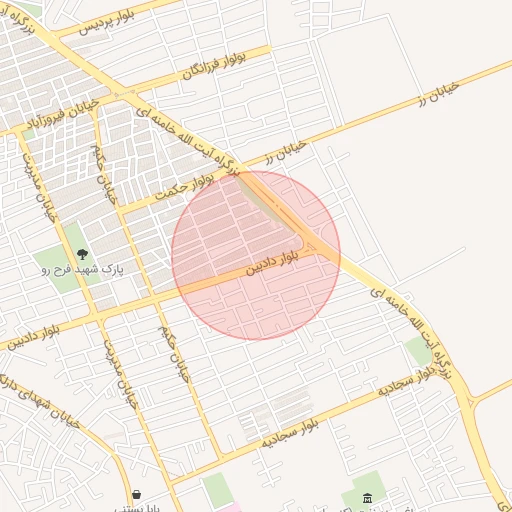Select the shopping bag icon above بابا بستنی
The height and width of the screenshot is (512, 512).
[x=137, y=493]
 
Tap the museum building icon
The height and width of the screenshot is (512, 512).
[x=368, y=498]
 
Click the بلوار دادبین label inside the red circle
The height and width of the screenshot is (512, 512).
[x=275, y=266]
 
